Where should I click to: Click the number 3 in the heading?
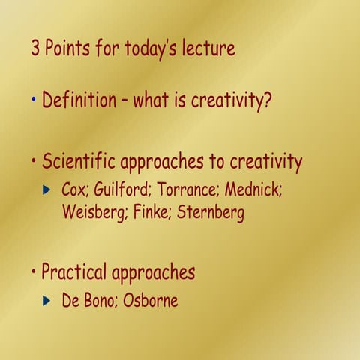(x=35, y=50)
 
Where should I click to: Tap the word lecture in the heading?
(x=205, y=50)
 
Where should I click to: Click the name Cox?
(x=76, y=190)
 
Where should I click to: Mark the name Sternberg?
(x=211, y=213)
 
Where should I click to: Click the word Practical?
(x=73, y=271)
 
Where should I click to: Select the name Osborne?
(x=150, y=301)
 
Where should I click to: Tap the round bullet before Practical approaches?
(x=34, y=270)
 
